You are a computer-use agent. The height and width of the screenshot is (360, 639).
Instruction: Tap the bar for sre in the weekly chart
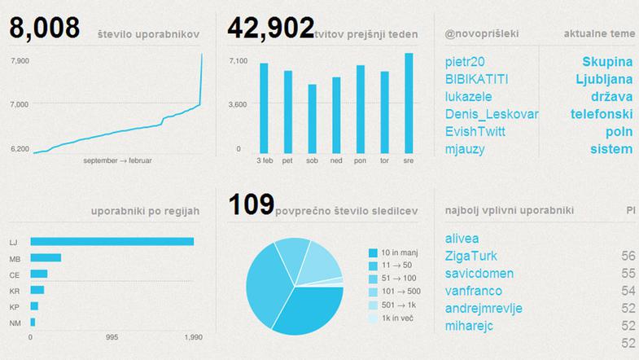[x=408, y=102]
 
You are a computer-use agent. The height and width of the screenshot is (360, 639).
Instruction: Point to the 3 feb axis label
[x=264, y=160]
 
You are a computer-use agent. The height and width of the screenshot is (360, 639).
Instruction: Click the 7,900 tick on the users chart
[x=19, y=61]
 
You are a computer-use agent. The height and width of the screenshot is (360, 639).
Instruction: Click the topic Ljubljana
[x=604, y=79]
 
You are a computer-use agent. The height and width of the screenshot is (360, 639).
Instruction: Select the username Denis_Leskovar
[x=492, y=114]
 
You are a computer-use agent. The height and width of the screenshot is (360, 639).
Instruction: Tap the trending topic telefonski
[x=602, y=114]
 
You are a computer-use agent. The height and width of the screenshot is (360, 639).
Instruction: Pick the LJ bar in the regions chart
[x=112, y=241]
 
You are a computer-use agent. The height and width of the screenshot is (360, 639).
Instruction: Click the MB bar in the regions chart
[x=46, y=258]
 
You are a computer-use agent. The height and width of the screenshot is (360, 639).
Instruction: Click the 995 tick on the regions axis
[x=112, y=336]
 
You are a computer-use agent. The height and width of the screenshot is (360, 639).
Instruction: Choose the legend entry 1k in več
[x=392, y=318]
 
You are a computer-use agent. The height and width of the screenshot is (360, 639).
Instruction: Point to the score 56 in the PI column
[x=627, y=256]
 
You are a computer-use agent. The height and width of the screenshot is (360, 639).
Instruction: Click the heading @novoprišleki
[x=482, y=34]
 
